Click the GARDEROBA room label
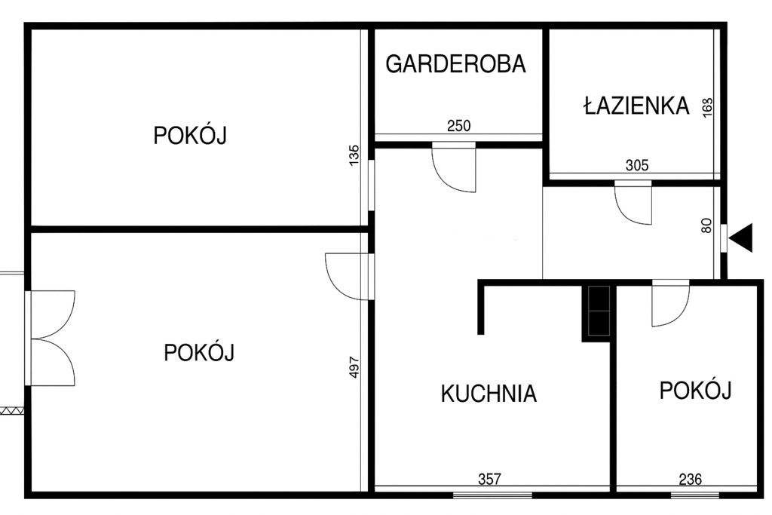coord(455,64)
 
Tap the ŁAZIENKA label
coord(636,105)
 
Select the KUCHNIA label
coord(489,394)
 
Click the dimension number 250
coord(459,126)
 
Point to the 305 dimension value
coord(637,165)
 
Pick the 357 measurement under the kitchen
coord(489,479)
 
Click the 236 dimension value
coord(691,479)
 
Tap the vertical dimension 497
coord(354,366)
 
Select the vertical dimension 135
coord(354,155)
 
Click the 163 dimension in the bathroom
coord(707,107)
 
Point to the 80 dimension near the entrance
coord(706,225)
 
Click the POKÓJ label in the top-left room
coord(190,136)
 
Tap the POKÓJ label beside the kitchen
coord(696,390)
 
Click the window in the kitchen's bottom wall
coord(492,495)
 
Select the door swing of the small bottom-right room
coord(679,315)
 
